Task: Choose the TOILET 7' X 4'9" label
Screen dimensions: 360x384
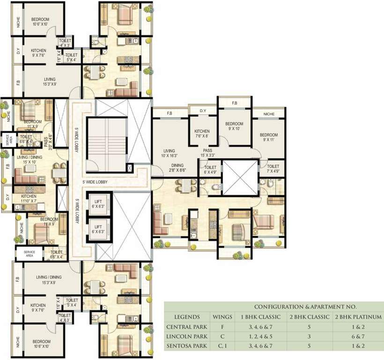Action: (x=273, y=169)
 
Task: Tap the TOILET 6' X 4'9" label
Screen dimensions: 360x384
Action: (x=210, y=170)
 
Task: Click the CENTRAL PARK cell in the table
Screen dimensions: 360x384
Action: (x=186, y=327)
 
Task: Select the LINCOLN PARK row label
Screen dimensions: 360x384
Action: (x=186, y=337)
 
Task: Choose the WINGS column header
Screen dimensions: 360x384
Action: (x=222, y=317)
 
